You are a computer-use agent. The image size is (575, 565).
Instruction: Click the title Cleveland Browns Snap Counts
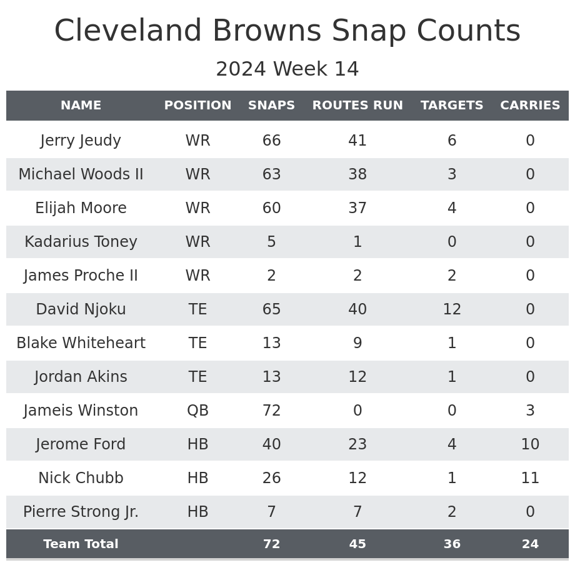click(x=287, y=31)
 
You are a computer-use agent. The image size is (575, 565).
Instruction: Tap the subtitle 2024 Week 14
click(x=287, y=69)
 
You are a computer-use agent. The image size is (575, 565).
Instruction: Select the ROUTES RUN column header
click(x=357, y=106)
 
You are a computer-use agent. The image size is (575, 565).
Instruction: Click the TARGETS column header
click(x=452, y=106)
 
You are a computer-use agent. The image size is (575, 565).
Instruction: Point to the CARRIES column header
click(x=530, y=106)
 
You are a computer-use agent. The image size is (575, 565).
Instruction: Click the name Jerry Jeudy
click(x=81, y=141)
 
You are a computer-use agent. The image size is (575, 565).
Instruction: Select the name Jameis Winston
click(x=81, y=411)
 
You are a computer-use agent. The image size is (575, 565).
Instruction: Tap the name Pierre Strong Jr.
click(x=81, y=512)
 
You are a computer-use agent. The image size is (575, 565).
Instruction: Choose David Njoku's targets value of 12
click(x=452, y=310)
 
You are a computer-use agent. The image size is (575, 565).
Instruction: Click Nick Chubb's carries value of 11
click(x=530, y=479)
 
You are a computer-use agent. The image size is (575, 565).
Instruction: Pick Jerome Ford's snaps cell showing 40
click(x=271, y=445)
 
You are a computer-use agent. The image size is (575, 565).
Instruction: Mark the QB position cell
click(x=197, y=411)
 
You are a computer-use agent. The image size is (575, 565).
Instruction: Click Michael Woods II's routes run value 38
click(x=357, y=175)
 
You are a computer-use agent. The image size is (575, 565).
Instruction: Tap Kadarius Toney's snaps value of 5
click(x=271, y=242)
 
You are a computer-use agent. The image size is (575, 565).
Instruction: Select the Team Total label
click(x=81, y=544)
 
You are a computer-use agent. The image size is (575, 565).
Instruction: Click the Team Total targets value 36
click(x=452, y=544)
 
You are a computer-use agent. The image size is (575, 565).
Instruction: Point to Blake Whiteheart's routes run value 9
click(x=357, y=344)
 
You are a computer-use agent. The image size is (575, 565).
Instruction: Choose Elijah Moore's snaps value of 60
click(x=271, y=209)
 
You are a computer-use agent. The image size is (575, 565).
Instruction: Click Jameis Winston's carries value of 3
click(x=530, y=411)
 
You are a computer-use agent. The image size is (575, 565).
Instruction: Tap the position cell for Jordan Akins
click(x=197, y=377)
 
